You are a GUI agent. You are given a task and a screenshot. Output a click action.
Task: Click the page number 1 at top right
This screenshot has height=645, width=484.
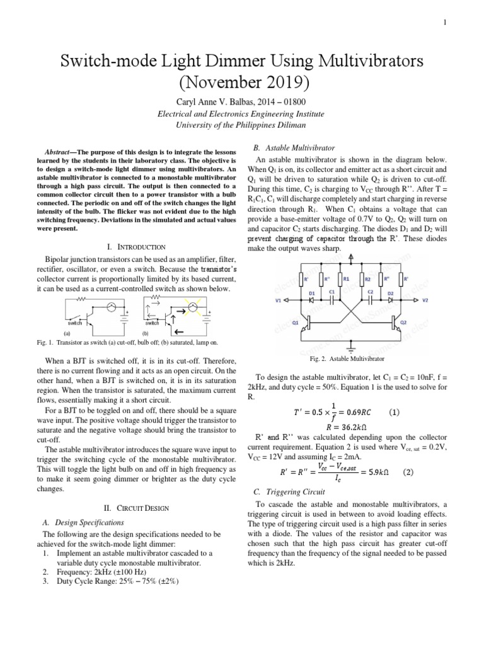445,23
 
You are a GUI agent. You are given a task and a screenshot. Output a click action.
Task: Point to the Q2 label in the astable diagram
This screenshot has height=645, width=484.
404,321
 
